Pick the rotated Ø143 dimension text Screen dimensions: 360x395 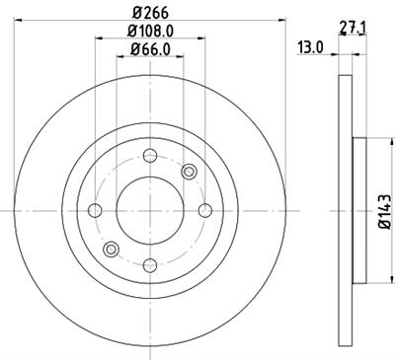(x=388, y=208)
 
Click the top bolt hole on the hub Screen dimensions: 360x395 (x=150, y=156)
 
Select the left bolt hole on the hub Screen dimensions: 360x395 (x=96, y=210)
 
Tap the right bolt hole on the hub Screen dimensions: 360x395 (x=204, y=210)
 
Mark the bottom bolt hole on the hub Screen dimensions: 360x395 (x=150, y=264)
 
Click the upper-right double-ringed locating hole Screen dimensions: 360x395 (x=189, y=172)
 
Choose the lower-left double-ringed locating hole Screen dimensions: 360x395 (x=112, y=249)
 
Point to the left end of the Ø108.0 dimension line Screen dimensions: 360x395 (x=96, y=39)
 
